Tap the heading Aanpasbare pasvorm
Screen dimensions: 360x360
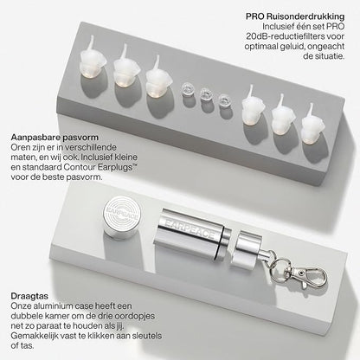coord(53,137)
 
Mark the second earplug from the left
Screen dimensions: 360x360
coord(126,75)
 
